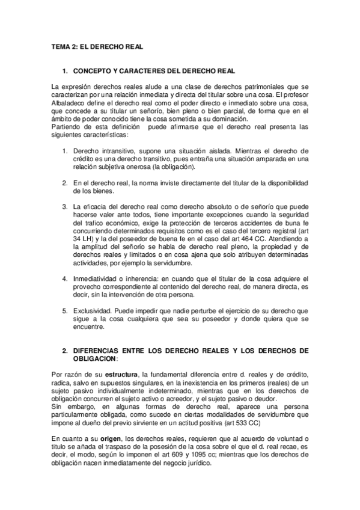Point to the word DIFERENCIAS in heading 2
(x=99, y=350)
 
